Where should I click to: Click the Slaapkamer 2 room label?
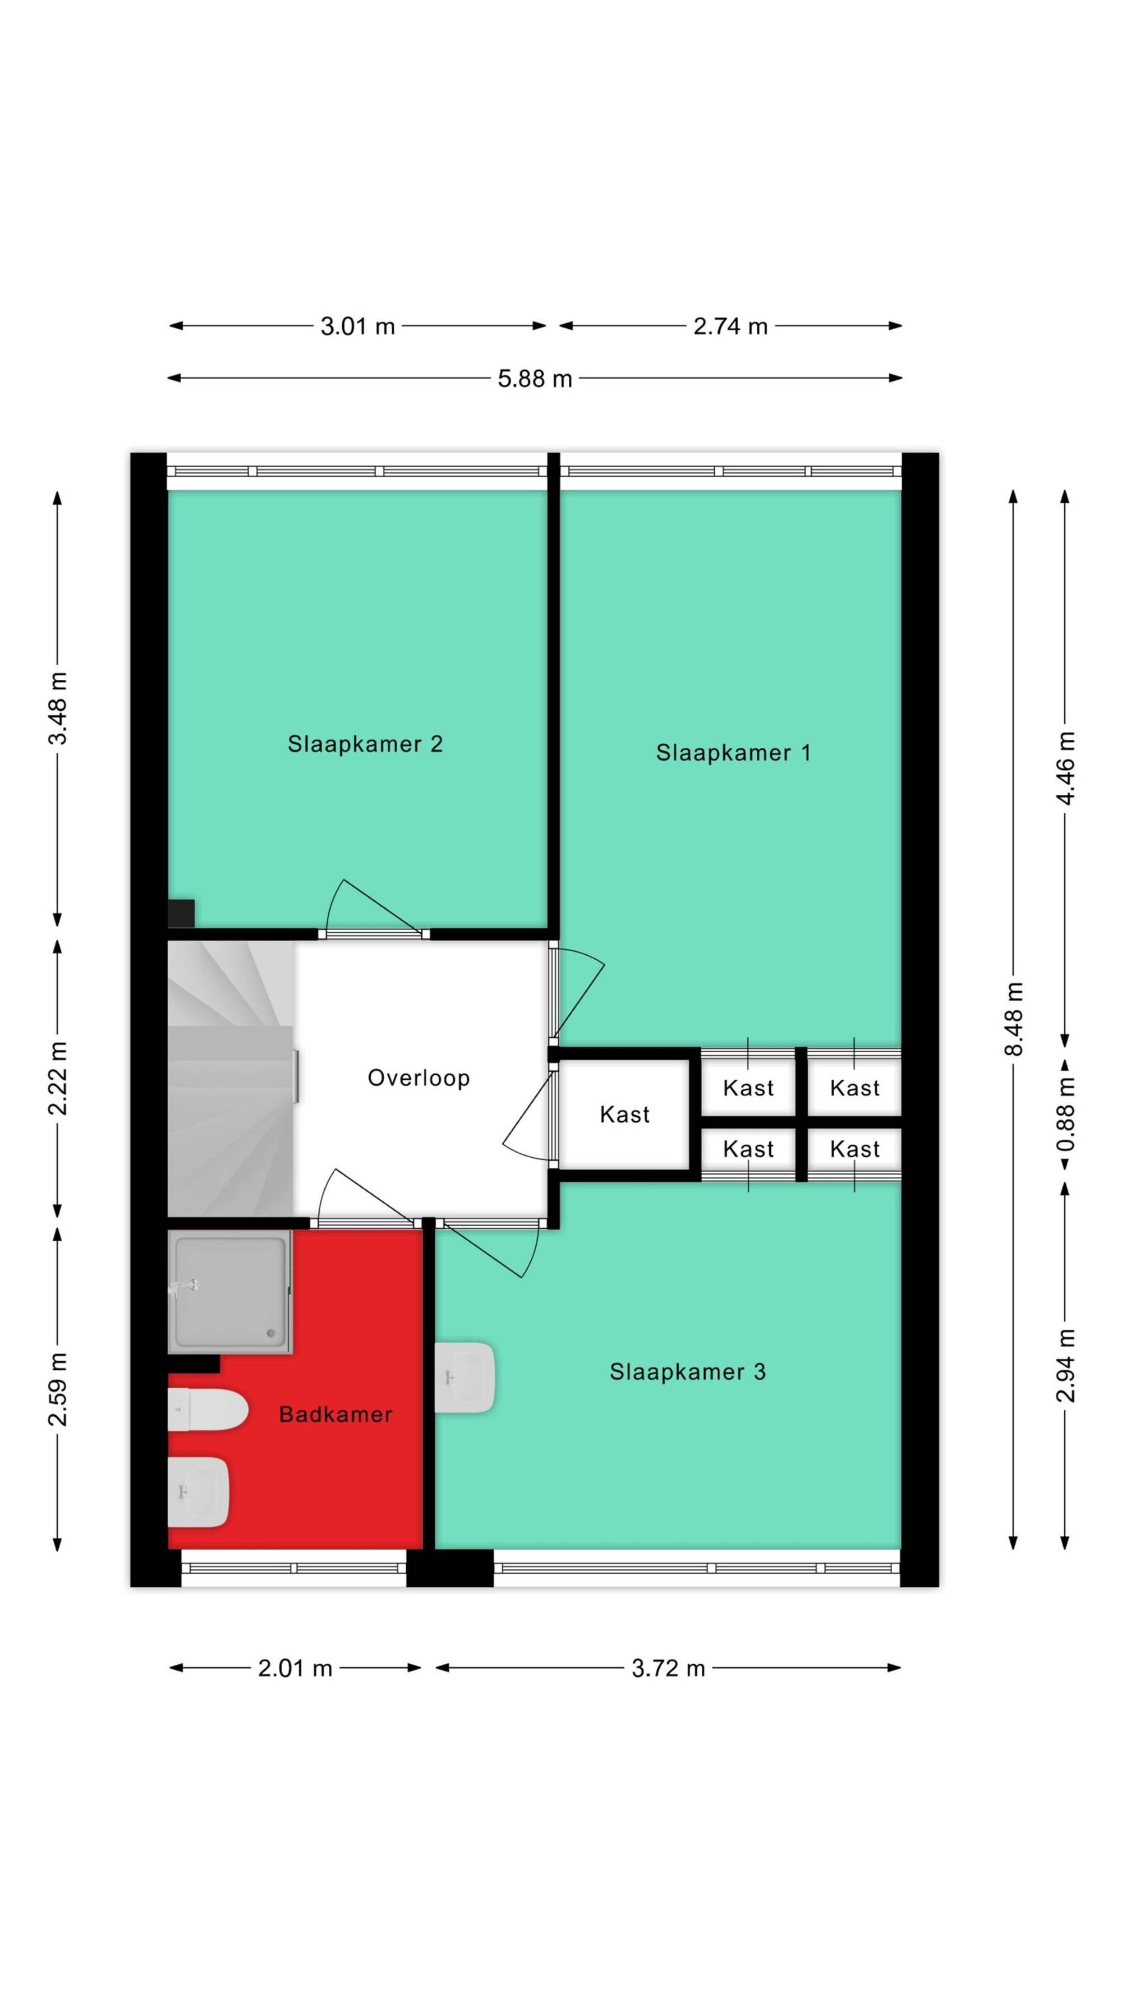point(365,744)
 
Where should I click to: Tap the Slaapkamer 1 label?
point(733,752)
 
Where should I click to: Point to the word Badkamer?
point(335,1414)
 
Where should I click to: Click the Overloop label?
point(418,1078)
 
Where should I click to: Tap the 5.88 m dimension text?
point(534,379)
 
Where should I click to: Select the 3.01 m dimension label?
point(358,326)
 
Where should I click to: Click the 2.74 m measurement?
point(730,326)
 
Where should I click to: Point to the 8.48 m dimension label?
point(1014,1019)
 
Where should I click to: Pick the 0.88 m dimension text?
point(1065,1113)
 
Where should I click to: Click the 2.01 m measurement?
point(295,1668)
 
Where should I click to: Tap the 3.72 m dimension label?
point(668,1668)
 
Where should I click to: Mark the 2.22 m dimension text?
point(58,1078)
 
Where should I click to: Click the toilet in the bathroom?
point(208,1410)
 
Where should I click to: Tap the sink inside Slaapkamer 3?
point(464,1377)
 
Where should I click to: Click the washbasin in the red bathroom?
point(198,1491)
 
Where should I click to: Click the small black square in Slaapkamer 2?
point(181,913)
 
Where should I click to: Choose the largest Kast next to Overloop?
point(624,1114)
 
